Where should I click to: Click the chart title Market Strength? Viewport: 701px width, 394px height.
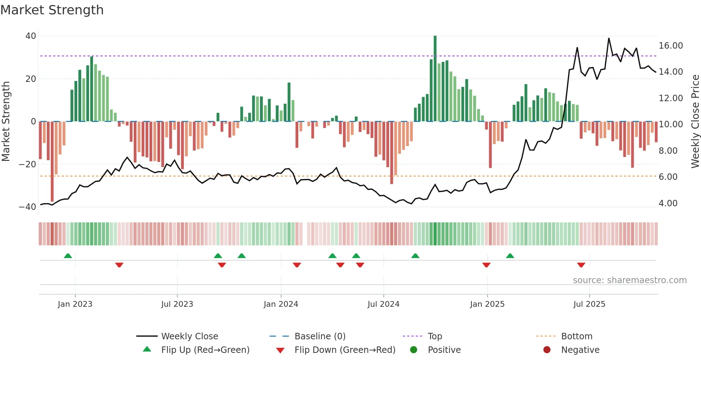tap(52, 10)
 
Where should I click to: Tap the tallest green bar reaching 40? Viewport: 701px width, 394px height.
tap(435, 79)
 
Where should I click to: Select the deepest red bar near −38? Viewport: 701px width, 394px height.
tap(52, 161)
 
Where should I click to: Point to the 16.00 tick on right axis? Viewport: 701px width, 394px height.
tap(671, 46)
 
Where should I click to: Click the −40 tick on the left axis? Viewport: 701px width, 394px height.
tap(28, 207)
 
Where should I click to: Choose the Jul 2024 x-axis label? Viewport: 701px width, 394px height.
tap(383, 304)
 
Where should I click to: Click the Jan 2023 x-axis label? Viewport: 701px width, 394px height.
tap(75, 304)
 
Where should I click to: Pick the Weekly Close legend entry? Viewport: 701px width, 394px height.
tap(189, 336)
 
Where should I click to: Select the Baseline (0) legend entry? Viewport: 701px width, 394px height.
tap(320, 336)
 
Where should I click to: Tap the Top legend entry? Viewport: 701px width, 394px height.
tap(435, 336)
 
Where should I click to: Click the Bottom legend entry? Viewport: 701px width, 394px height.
tap(577, 336)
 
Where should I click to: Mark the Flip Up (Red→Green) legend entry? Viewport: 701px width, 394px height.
tap(205, 350)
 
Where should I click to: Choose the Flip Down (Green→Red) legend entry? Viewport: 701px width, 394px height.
tap(345, 350)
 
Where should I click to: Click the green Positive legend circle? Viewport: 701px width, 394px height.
tap(414, 350)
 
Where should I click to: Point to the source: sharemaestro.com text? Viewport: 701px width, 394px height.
tap(629, 280)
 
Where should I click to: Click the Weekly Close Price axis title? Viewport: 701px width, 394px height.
tap(695, 122)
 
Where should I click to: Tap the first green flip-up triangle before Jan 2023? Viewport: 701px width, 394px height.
tap(68, 256)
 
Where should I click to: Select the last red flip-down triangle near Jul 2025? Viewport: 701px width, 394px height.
tap(581, 265)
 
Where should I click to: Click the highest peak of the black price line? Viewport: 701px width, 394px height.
tap(609, 39)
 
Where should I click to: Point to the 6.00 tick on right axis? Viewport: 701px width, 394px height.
tap(668, 177)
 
